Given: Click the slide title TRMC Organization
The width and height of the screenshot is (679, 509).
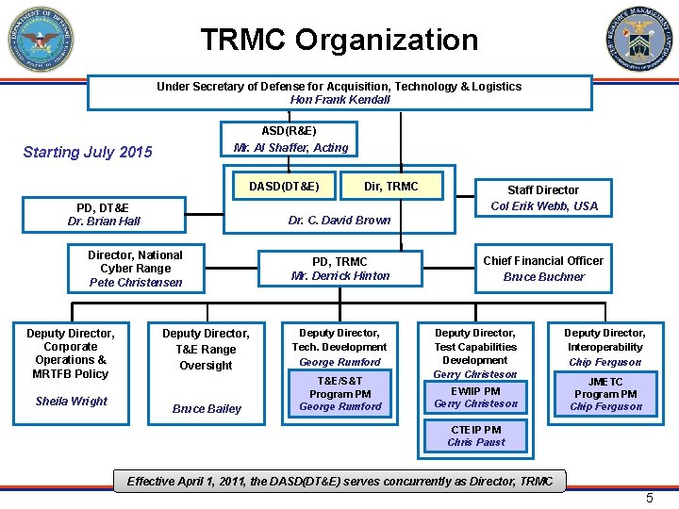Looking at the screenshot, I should point(339,41).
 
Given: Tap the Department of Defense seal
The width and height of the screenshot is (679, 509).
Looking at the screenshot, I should point(41,41).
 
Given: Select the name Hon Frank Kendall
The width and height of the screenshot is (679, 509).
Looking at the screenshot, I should point(339,100).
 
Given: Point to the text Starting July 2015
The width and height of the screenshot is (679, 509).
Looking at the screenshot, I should point(88,152).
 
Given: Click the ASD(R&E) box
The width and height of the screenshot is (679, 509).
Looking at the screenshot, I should point(291,140).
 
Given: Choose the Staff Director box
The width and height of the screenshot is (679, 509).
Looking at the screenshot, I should point(543,198).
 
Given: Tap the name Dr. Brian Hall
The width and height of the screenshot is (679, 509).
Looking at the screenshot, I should point(104,222).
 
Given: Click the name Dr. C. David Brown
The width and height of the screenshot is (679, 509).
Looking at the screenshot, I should point(339,221).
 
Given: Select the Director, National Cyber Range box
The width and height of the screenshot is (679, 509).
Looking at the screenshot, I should point(136,269).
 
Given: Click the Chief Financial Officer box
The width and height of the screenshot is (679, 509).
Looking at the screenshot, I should point(543,269).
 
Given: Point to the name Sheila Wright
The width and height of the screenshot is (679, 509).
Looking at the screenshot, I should point(72,402).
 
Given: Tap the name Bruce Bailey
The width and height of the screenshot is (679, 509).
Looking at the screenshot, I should point(207,409).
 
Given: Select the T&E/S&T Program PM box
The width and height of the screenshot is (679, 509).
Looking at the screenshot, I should point(340,394).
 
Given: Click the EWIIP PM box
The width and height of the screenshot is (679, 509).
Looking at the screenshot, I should point(476,397).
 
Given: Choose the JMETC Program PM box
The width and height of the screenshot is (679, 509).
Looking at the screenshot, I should point(605,394).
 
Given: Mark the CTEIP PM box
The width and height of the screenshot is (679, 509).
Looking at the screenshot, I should point(476,436).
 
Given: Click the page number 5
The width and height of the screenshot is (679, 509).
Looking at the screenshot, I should point(649,498).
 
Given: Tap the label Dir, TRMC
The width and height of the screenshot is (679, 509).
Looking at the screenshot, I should point(390,187).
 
